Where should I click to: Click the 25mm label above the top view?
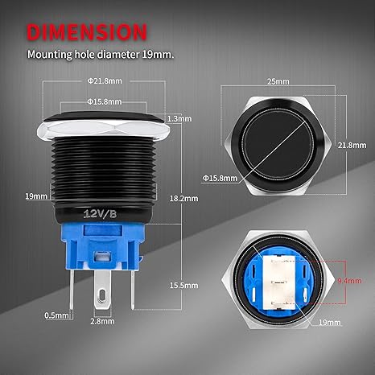click(280, 82)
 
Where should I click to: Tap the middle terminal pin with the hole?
click(102, 294)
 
